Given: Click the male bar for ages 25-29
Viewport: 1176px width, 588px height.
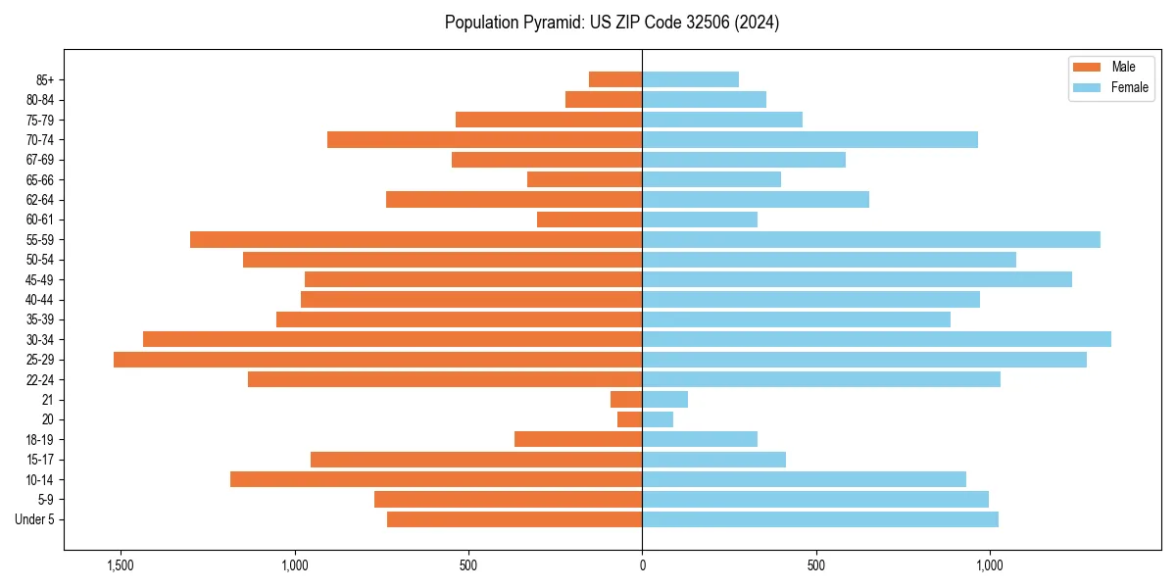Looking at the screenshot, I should [377, 360].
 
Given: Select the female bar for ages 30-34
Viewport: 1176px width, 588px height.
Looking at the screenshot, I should [876, 339].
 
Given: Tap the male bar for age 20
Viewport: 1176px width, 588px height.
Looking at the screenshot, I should [629, 419].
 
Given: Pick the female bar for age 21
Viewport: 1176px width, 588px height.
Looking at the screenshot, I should [664, 400].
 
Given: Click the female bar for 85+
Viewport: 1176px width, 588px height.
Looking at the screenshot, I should [690, 79].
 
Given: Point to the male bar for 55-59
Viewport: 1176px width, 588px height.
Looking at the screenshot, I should [416, 239].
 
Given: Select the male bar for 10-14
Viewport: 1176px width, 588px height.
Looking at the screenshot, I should [436, 479].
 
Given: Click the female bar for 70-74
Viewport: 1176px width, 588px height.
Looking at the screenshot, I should [809, 139].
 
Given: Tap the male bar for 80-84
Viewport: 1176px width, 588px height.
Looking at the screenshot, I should [604, 99].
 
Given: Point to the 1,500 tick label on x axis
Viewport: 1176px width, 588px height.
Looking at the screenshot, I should [121, 565].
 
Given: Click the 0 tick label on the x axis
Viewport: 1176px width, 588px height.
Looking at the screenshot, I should [642, 565].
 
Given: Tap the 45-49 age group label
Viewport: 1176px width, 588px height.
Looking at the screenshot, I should [40, 279].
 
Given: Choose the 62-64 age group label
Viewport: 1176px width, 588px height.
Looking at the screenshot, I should [40, 200].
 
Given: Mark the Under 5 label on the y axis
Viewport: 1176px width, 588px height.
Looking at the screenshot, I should [35, 519].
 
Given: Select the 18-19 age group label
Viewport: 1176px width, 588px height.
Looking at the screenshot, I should [40, 440].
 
